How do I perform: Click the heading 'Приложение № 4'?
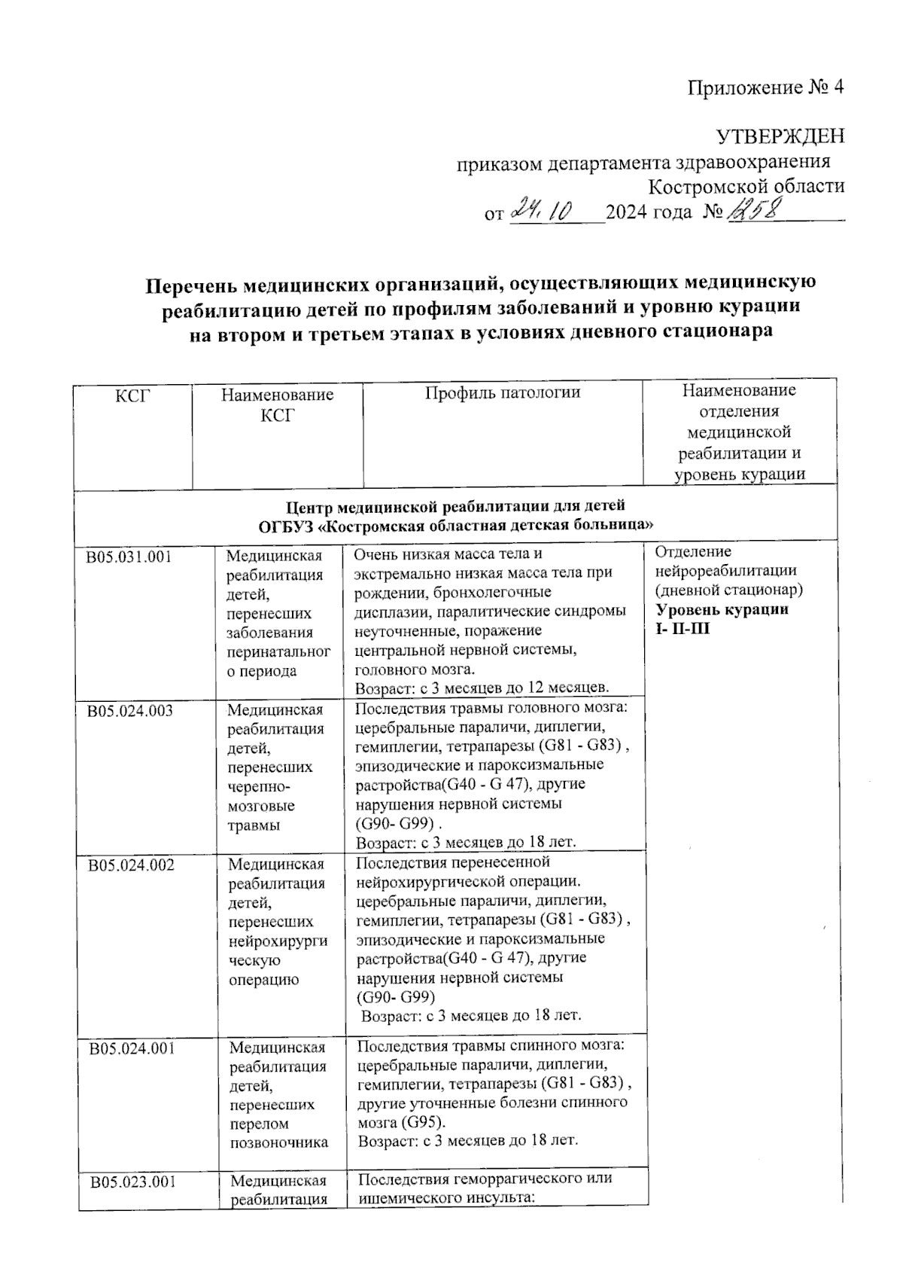coord(765,88)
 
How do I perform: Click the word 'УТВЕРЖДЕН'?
coord(780,136)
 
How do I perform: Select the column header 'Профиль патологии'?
coord(503,392)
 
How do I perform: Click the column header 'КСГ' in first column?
coord(132,394)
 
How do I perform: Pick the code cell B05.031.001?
coord(129,557)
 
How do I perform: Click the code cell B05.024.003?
coord(130,710)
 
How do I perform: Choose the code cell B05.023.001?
coord(133,1182)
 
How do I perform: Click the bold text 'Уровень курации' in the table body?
coord(722,609)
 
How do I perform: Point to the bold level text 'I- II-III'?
coord(682,629)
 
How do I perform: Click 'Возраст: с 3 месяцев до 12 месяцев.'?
coord(482,688)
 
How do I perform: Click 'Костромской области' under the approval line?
coord(746,186)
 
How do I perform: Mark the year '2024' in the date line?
coord(626,212)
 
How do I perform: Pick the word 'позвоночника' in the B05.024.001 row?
coord(279,1142)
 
